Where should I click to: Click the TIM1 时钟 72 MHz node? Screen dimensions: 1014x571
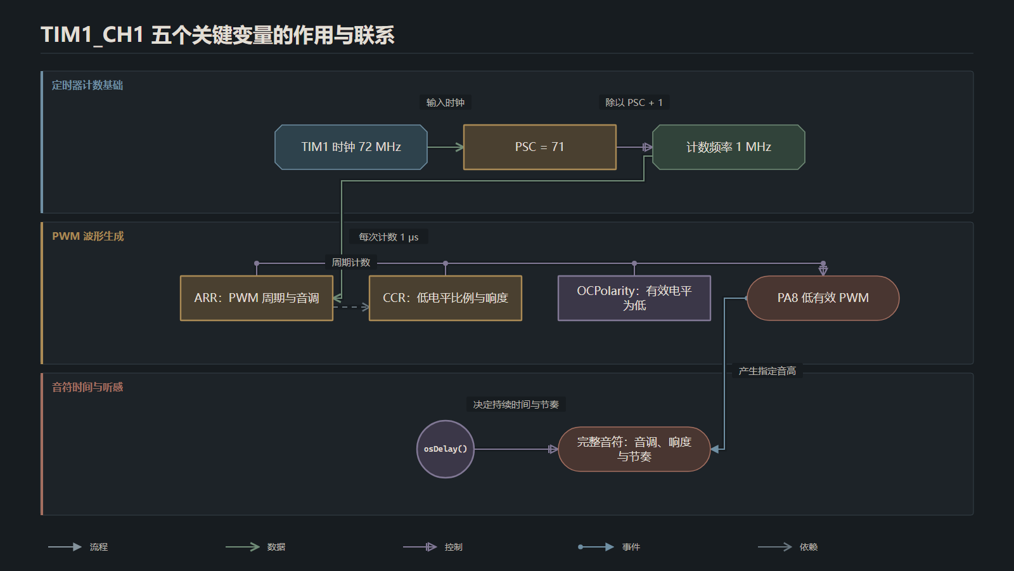click(351, 147)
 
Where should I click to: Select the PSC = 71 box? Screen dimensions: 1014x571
click(539, 147)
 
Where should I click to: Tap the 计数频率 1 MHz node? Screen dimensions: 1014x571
click(728, 147)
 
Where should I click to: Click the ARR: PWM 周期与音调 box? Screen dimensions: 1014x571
click(256, 298)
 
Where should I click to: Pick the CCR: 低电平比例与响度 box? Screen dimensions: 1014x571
click(446, 298)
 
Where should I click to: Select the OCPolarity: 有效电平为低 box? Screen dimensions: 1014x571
click(634, 298)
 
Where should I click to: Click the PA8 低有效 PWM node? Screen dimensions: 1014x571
click(823, 298)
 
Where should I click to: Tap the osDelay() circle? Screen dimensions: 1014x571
click(446, 449)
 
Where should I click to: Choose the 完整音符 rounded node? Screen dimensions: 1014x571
click(634, 449)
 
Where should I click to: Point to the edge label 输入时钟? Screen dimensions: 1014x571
click(446, 102)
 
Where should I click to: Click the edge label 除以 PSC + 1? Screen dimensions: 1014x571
click(634, 102)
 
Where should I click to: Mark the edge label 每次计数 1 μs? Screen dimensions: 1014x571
click(388, 237)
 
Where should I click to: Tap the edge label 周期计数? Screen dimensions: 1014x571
click(351, 263)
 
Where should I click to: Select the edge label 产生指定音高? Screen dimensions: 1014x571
click(767, 371)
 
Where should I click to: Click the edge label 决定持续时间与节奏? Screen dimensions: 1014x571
click(516, 404)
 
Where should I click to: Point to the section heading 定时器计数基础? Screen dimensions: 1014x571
click(87, 85)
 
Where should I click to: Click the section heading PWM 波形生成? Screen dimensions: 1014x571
click(88, 236)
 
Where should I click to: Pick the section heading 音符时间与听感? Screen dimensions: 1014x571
click(87, 387)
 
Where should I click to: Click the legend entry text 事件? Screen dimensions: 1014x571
click(631, 547)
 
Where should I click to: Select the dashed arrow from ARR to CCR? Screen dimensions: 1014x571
click(351, 307)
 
